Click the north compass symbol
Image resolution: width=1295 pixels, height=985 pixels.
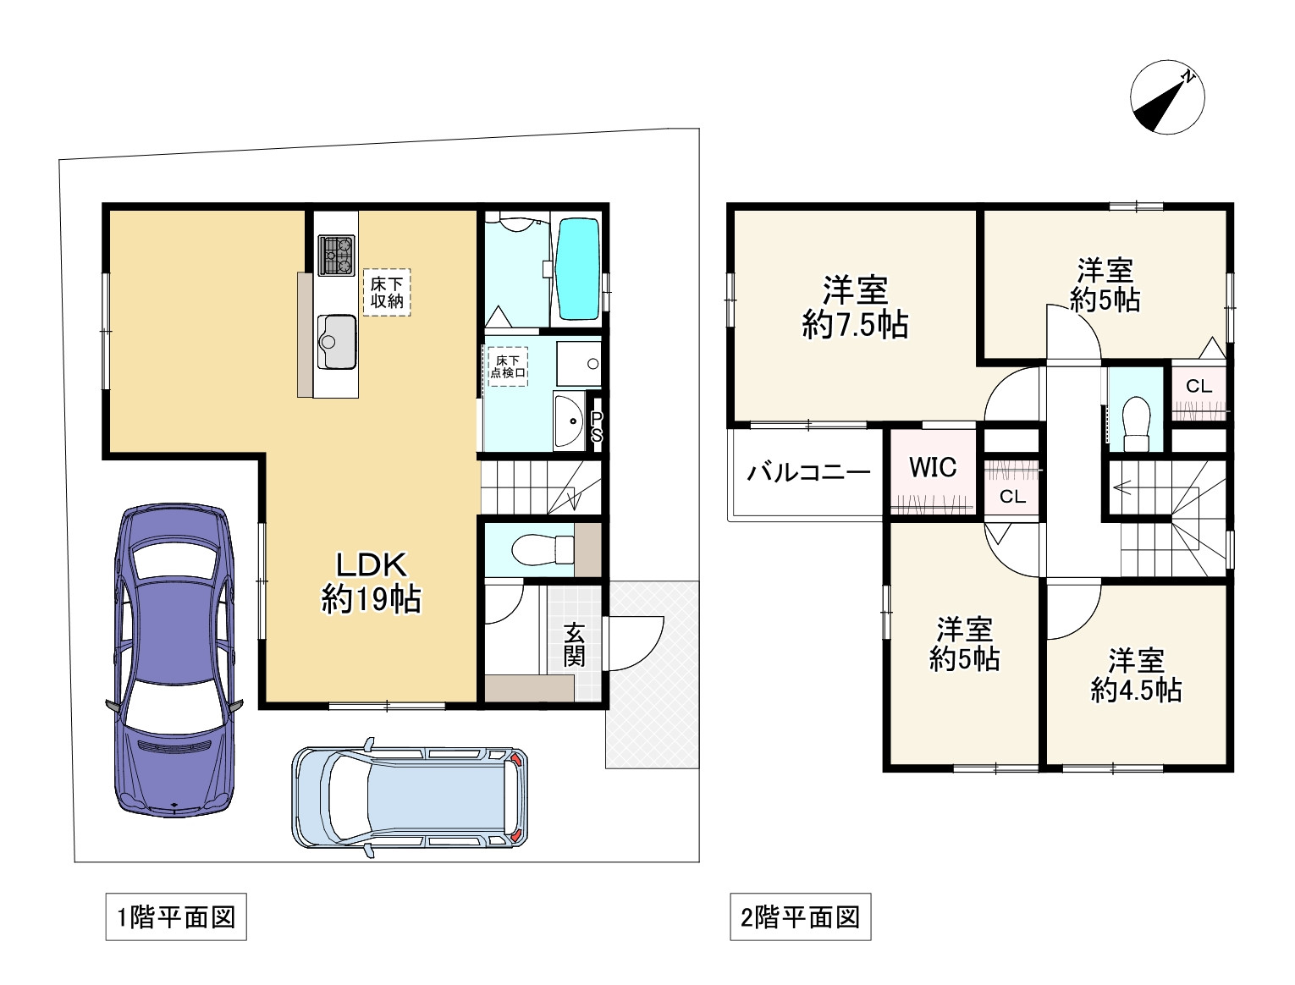(x=1167, y=97)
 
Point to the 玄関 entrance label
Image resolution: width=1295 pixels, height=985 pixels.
(x=574, y=645)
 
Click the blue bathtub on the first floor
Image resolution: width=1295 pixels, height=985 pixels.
(x=578, y=268)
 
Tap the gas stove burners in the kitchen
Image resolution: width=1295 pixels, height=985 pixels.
(x=336, y=254)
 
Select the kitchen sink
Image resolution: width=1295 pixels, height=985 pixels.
(x=337, y=341)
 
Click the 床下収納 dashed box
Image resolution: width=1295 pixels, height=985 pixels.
(x=387, y=292)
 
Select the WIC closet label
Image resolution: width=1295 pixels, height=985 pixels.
(x=932, y=467)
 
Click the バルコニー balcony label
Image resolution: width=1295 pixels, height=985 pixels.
(x=808, y=472)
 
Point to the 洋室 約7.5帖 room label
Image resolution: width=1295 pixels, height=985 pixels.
(x=855, y=307)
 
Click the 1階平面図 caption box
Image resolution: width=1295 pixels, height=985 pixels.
(x=176, y=917)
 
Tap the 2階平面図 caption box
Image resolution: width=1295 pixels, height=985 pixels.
(x=800, y=917)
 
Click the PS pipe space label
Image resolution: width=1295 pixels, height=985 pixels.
(x=596, y=427)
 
